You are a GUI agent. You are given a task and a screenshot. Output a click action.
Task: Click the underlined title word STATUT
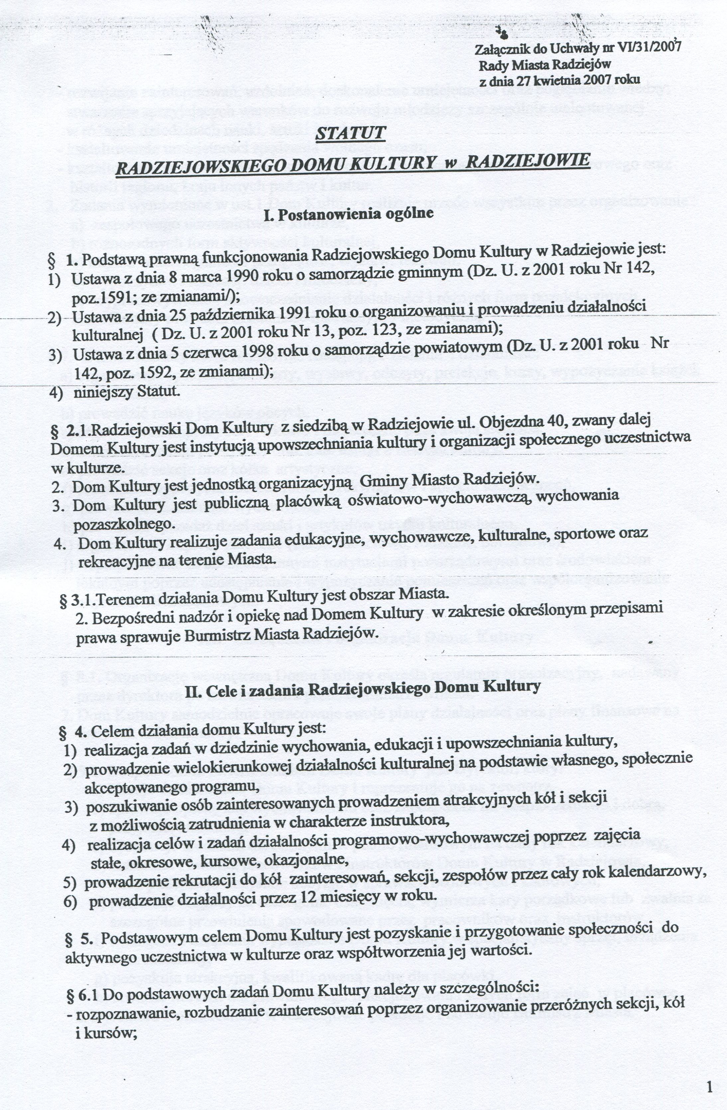click(350, 133)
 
